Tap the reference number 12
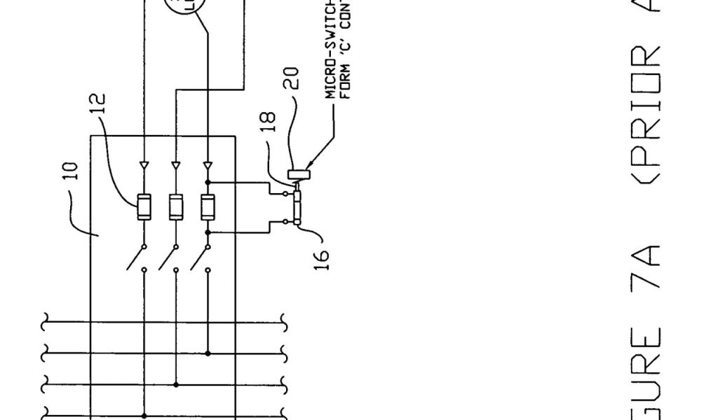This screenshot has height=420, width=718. tap(100, 108)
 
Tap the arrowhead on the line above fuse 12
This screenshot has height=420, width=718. tap(144, 167)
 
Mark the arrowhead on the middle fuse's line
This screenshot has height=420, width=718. tap(175, 167)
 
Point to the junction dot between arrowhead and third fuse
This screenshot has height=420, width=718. tap(208, 182)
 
